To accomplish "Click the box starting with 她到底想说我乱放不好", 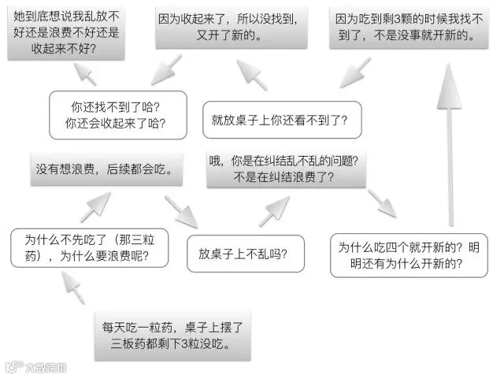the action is click(x=66, y=32).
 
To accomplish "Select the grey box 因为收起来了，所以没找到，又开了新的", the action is click(x=232, y=28).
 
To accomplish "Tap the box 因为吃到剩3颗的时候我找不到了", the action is click(x=409, y=28).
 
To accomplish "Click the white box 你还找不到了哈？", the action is click(x=118, y=115).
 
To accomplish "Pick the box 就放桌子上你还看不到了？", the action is click(x=282, y=120).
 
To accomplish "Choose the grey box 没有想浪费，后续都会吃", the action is click(x=106, y=169).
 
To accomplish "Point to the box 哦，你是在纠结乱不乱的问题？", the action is click(x=286, y=169).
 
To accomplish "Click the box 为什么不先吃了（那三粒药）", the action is click(x=89, y=248).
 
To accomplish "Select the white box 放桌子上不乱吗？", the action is click(x=246, y=254).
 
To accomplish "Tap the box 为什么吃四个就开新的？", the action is click(x=409, y=255).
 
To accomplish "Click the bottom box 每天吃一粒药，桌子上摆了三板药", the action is click(x=172, y=336).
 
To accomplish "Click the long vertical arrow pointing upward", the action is click(x=450, y=145).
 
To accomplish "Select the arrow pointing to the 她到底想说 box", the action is click(x=85, y=74).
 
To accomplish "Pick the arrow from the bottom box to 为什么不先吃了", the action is click(x=73, y=287).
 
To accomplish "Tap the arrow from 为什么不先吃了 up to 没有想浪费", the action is click(x=96, y=207).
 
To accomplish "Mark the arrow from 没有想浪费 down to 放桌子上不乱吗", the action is click(x=181, y=212).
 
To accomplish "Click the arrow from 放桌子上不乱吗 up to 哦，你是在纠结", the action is click(x=274, y=212).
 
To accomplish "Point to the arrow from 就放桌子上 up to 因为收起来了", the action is click(x=252, y=75).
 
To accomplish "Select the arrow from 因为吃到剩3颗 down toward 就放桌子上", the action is click(x=355, y=72).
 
